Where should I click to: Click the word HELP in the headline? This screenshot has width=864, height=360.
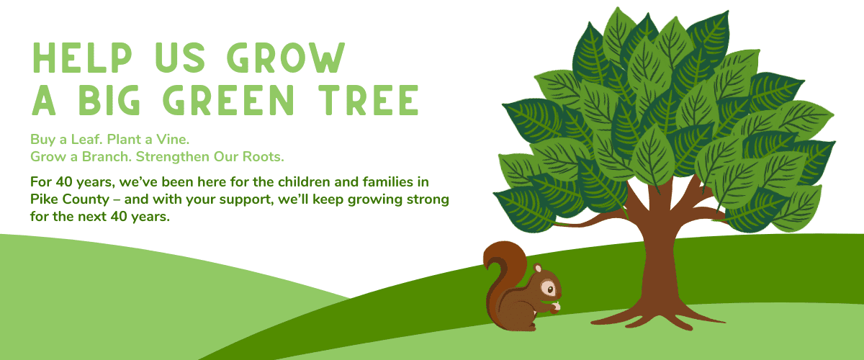[x=82, y=58]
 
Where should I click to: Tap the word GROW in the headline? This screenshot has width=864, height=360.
[x=285, y=58]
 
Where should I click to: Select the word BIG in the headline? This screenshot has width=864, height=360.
[x=109, y=100]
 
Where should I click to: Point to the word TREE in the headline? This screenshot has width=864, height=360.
[x=369, y=100]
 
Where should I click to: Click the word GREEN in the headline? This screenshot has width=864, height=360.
[x=229, y=100]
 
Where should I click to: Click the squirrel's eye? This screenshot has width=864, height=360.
[x=549, y=289]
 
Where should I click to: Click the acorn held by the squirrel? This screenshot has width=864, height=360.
[x=555, y=308]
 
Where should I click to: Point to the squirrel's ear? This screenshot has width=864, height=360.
[x=538, y=268]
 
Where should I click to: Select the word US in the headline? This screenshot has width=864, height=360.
[x=180, y=58]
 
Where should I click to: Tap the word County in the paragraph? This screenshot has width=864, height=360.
[x=86, y=200]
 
